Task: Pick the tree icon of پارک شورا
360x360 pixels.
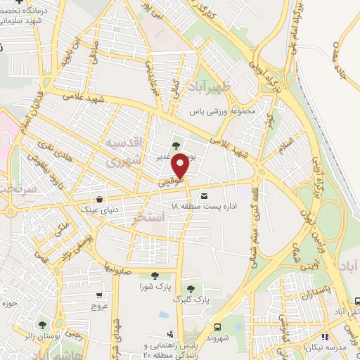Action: [155, 276]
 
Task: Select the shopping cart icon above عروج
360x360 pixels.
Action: [100, 295]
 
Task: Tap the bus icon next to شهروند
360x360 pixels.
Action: [218, 326]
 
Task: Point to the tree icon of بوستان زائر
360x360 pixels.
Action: [42, 326]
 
